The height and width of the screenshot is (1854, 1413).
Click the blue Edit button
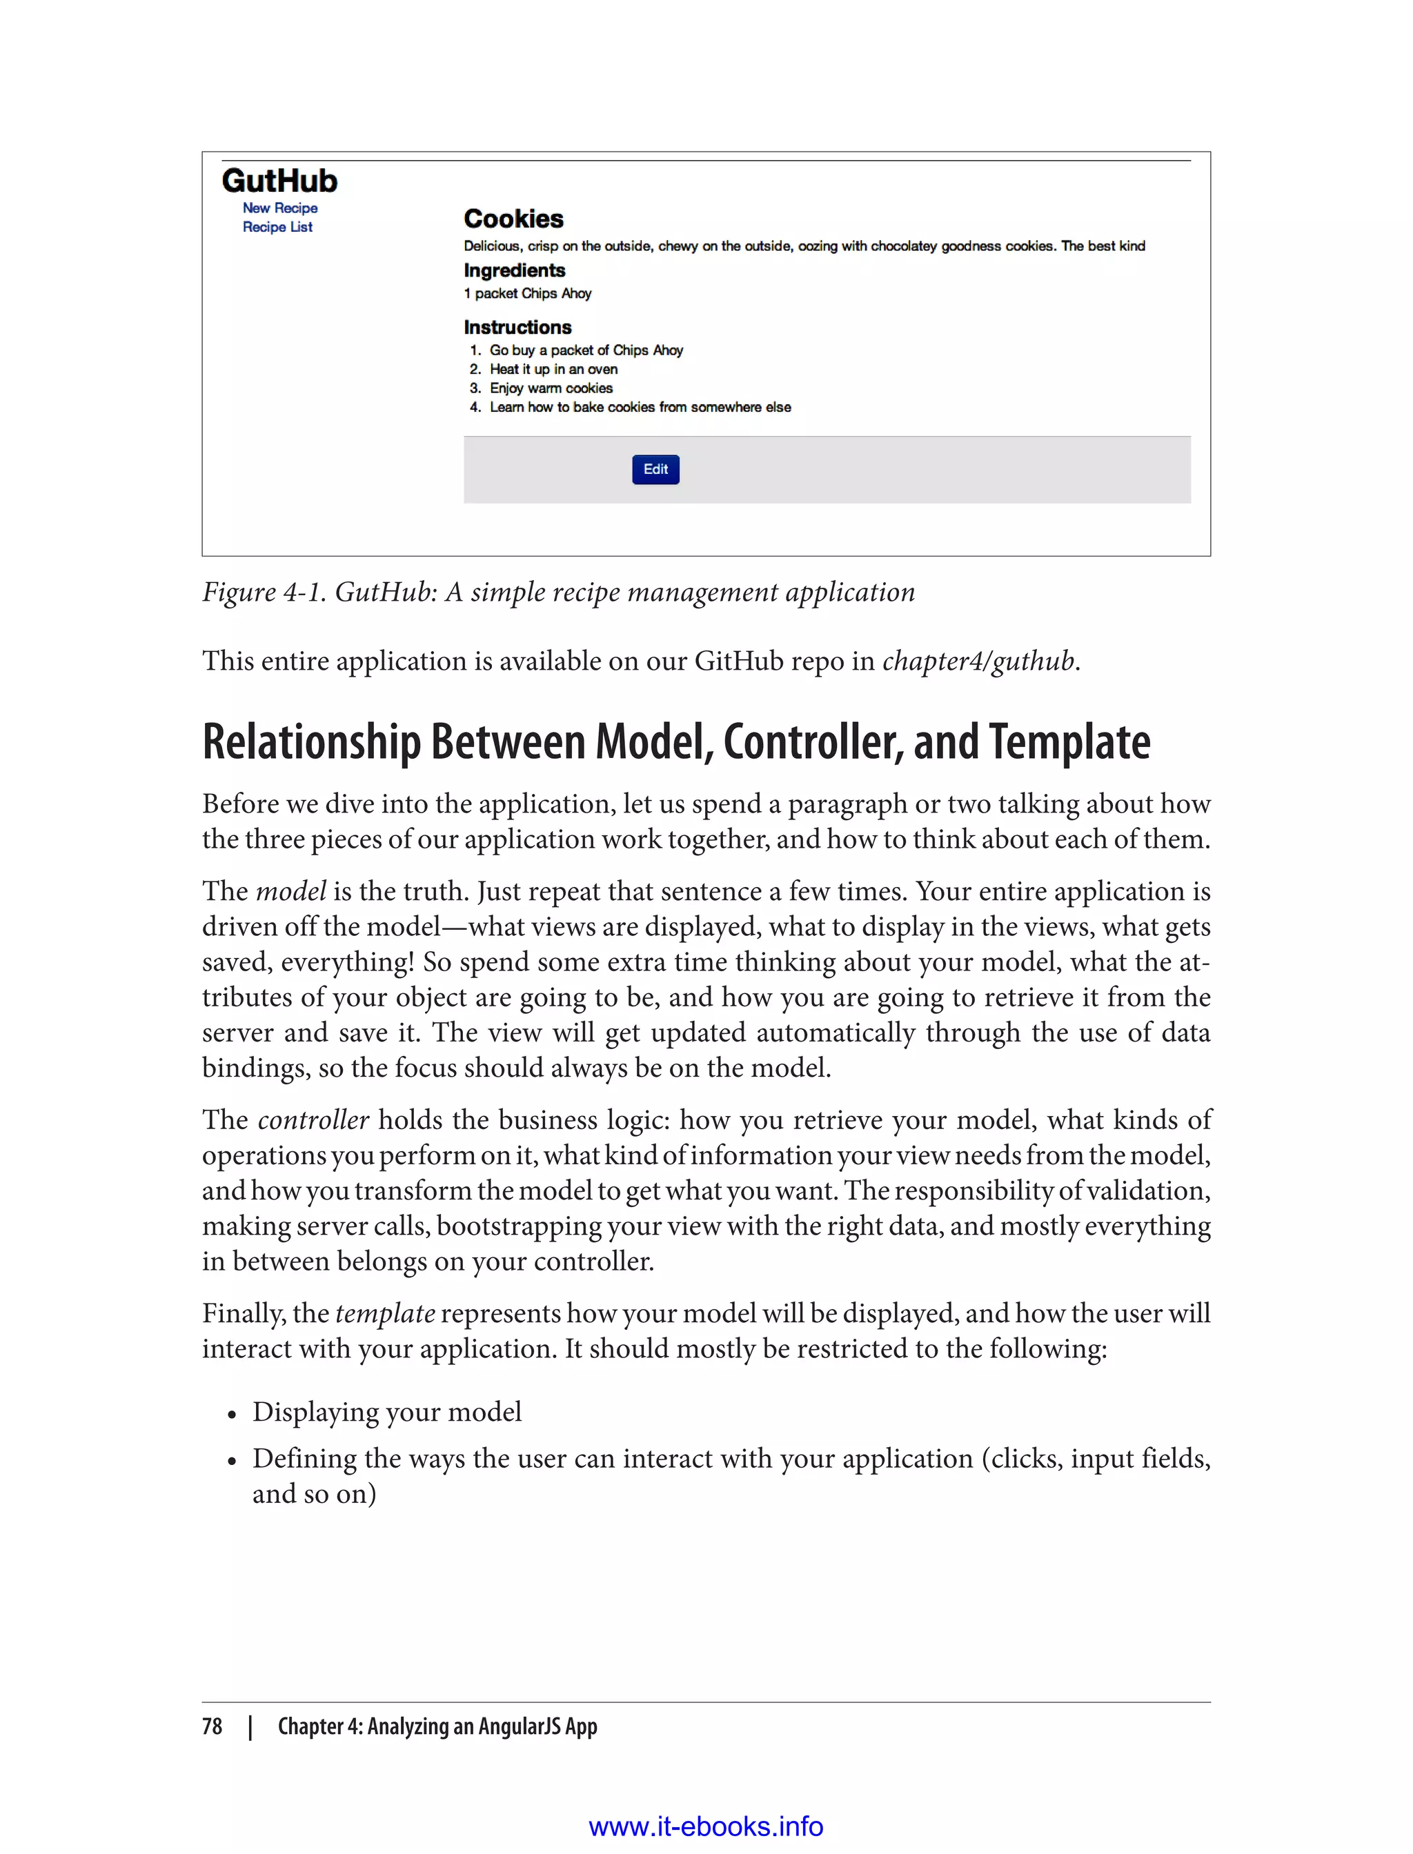[x=655, y=469]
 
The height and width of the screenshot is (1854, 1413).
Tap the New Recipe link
[x=280, y=208]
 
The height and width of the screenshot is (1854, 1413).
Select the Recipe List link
[x=277, y=227]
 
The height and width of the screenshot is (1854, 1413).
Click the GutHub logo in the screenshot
[x=279, y=181]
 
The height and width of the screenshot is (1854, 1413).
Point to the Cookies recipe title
[x=513, y=219]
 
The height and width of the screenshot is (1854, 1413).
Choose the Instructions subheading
[x=517, y=327]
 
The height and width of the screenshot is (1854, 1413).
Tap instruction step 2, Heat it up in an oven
[x=553, y=369]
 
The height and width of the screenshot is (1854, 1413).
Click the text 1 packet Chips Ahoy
[x=527, y=293]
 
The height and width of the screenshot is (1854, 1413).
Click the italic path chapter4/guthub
[x=978, y=661]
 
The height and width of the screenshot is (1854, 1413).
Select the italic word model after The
[x=290, y=891]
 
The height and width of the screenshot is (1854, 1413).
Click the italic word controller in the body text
[x=313, y=1120]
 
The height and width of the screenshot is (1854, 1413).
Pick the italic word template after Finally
[x=385, y=1313]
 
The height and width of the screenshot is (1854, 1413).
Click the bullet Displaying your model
[x=387, y=1412]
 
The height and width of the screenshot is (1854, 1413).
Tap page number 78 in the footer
[x=212, y=1726]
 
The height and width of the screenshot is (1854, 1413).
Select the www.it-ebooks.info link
[x=706, y=1826]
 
